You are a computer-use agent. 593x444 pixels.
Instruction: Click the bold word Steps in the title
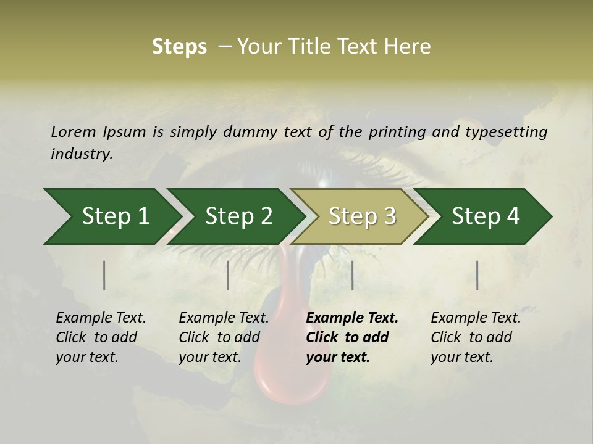tap(179, 47)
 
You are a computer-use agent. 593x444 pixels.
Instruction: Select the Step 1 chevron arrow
tap(111, 216)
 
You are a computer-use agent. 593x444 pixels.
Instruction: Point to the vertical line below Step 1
tap(104, 275)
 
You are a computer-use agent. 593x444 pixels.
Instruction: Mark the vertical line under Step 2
tap(228, 275)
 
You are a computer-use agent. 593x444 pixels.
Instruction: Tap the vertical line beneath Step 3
tap(352, 275)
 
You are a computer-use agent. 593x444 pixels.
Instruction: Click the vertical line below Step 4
tap(477, 275)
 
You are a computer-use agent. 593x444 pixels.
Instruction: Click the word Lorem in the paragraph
tap(74, 132)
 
